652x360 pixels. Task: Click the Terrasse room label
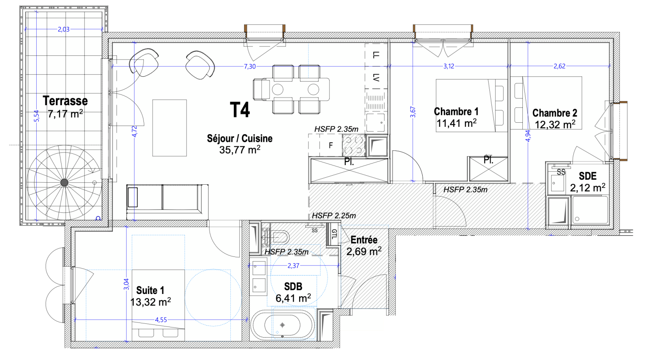point(65,101)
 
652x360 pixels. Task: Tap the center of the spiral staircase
point(64,183)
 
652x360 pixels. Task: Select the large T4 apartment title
point(240,110)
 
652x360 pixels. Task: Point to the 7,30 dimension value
point(250,66)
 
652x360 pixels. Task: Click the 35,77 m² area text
point(240,150)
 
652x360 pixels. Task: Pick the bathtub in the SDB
point(282,325)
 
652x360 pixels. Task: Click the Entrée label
point(364,240)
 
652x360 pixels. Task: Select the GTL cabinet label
point(334,234)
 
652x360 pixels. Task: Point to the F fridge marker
point(330,145)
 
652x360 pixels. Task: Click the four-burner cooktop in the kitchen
point(353,145)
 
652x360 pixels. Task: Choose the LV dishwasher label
point(376,77)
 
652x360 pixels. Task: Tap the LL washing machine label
point(376,55)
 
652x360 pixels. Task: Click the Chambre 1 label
point(456,111)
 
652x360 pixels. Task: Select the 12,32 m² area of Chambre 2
point(555,125)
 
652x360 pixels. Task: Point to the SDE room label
point(588,176)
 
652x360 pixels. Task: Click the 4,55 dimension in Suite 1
point(161,320)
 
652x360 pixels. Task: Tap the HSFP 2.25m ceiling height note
point(334,216)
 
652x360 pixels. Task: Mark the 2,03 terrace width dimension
point(64,29)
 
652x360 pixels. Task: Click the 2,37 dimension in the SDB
point(293,266)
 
